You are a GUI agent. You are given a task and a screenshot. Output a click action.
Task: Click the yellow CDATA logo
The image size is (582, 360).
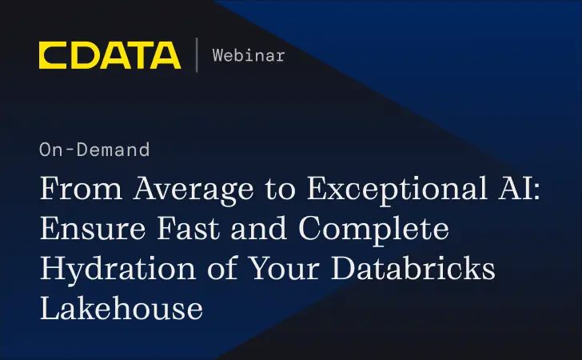coord(110,55)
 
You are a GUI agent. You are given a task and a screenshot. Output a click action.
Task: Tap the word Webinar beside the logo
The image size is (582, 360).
coord(248,55)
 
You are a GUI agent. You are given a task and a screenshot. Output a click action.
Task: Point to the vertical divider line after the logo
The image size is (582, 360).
coord(197,55)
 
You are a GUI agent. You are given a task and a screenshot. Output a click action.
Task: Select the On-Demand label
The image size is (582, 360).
coord(94,149)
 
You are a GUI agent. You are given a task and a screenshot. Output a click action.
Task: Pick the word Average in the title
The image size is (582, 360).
coord(177,192)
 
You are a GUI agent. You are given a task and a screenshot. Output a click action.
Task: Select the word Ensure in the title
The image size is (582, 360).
coord(88,231)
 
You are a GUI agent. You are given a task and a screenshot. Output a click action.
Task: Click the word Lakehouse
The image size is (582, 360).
coord(121,308)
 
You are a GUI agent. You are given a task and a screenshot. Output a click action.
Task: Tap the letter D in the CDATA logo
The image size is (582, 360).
coord(82,55)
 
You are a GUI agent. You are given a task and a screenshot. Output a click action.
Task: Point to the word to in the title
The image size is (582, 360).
coord(264,193)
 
